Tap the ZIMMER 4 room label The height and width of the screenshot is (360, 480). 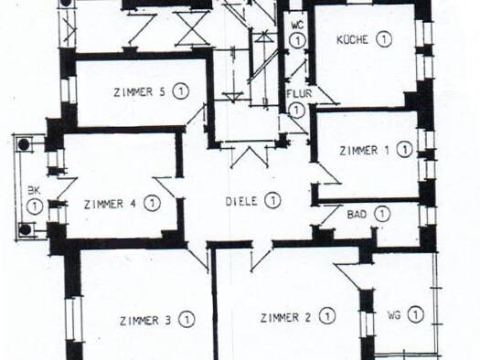click(x=110, y=204)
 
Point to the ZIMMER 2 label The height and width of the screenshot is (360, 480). click(x=285, y=317)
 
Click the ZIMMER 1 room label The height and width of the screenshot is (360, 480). click(x=364, y=151)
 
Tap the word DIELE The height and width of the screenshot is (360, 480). click(x=241, y=201)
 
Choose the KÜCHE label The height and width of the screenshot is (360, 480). click(x=352, y=40)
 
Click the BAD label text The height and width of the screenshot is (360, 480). click(x=357, y=215)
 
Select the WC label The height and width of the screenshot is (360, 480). click(x=297, y=25)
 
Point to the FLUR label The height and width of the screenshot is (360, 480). click(x=299, y=93)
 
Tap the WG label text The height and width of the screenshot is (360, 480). click(x=394, y=315)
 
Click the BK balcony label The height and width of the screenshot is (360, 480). click(x=34, y=191)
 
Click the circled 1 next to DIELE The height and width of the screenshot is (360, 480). click(x=272, y=201)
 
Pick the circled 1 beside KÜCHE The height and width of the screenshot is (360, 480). click(x=384, y=39)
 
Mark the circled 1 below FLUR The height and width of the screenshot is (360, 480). click(x=296, y=111)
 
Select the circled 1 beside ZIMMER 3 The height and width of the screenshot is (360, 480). click(x=187, y=320)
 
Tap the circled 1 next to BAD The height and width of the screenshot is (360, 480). click(x=382, y=214)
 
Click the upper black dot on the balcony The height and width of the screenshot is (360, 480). click(x=24, y=144)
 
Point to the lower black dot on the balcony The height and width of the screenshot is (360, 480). click(x=25, y=229)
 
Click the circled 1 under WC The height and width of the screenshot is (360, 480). click(x=297, y=40)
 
